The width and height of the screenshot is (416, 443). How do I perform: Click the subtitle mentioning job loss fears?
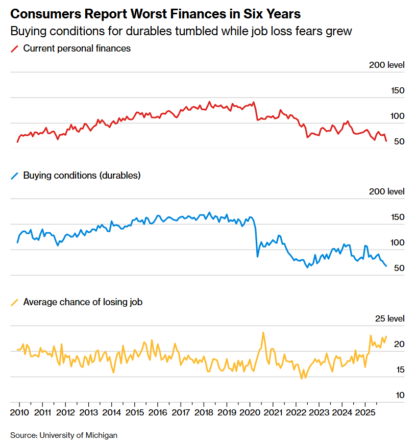coord(181,31)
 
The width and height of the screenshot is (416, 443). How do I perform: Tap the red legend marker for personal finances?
coord(14,49)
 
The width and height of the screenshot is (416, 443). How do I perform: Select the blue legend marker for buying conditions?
coord(14,176)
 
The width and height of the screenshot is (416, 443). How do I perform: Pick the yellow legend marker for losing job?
coord(14,302)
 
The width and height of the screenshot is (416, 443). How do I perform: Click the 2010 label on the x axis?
coord(19,412)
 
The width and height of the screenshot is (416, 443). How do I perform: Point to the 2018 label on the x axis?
coord(204,412)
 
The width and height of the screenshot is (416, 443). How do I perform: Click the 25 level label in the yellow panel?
coord(389,319)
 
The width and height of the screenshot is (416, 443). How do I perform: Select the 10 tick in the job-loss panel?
coord(400,395)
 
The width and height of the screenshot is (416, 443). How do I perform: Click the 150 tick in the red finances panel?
coord(398,91)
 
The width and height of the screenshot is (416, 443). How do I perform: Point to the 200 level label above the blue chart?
coord(386,191)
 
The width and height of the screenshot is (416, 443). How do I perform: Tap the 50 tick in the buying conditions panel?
coord(400,268)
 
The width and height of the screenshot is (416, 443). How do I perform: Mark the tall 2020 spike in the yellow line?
coord(263,333)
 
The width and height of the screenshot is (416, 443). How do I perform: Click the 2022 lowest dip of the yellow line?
coord(302,378)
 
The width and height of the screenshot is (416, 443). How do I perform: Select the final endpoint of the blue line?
coord(386,266)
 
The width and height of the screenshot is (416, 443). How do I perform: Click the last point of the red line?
coord(386,141)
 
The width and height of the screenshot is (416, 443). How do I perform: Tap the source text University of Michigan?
coord(64,435)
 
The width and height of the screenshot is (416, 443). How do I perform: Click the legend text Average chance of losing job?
coord(83,302)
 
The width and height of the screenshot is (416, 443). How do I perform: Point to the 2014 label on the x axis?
coord(111,412)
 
